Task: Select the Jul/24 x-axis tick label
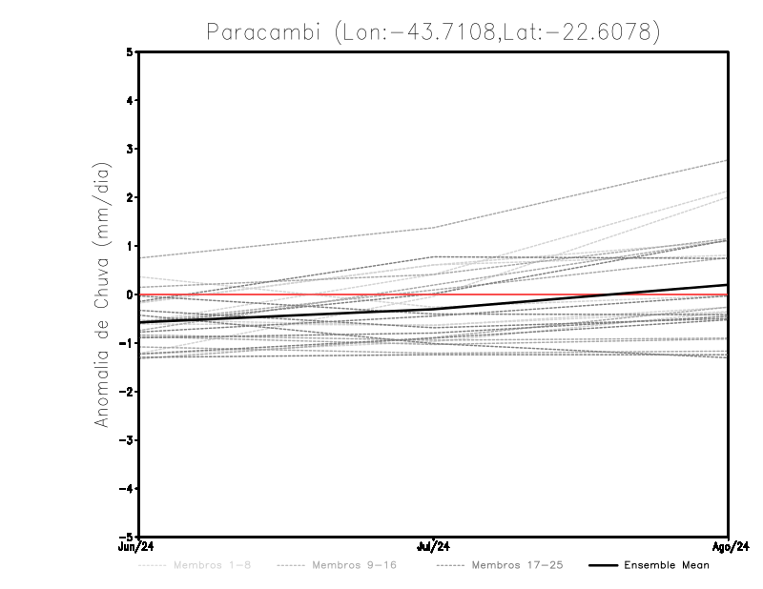434,545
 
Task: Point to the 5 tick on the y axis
129,51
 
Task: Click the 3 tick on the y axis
129,149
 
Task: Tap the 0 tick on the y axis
129,294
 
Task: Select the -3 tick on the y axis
127,440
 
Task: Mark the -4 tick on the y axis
127,489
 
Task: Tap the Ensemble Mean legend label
667,565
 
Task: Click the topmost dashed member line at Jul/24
434,227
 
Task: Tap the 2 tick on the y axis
129,197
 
